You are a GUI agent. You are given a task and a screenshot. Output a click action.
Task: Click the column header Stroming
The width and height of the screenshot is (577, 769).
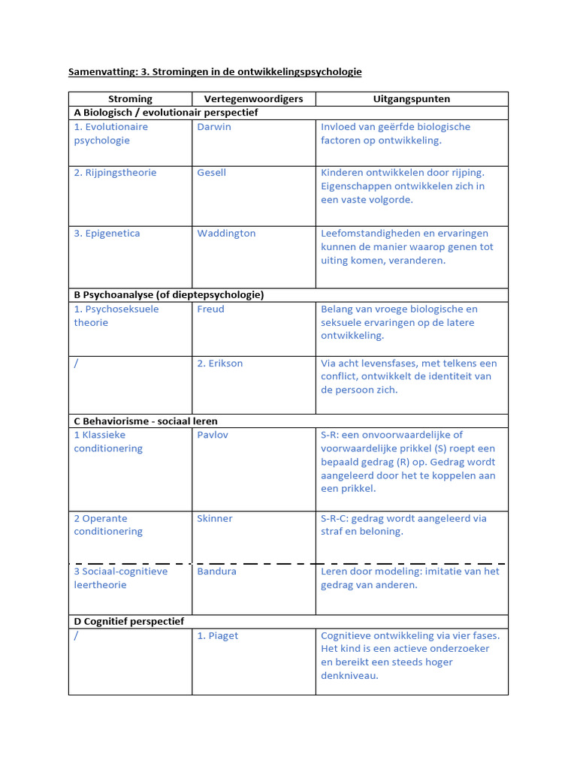click(x=130, y=99)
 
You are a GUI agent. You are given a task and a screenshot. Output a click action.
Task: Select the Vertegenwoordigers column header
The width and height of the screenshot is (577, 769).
click(x=253, y=99)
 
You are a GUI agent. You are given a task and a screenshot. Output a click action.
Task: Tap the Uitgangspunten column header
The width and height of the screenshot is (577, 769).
click(x=412, y=99)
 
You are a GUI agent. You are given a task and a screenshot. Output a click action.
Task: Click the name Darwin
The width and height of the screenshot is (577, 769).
click(x=214, y=127)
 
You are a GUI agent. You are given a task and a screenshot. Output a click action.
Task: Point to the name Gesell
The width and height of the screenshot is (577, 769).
click(x=211, y=173)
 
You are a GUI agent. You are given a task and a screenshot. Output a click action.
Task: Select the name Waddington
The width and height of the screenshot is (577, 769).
click(x=226, y=234)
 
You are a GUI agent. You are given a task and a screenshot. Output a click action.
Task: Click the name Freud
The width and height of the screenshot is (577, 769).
click(x=210, y=309)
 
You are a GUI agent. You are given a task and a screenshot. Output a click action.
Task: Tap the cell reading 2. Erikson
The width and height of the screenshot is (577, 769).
click(x=219, y=363)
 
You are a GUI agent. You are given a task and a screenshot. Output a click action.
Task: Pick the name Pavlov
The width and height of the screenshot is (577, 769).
click(x=213, y=435)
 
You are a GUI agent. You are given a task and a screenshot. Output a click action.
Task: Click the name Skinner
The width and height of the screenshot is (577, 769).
click(x=215, y=519)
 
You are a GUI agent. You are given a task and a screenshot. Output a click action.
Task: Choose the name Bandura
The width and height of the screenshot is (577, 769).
click(x=216, y=571)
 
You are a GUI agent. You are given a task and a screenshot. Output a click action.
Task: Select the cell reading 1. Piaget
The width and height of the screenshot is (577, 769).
click(x=217, y=636)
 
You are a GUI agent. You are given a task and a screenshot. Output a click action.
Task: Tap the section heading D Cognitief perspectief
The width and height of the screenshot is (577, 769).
click(x=128, y=622)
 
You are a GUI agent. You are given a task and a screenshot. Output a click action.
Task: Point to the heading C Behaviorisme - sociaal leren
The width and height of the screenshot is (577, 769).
click(x=146, y=421)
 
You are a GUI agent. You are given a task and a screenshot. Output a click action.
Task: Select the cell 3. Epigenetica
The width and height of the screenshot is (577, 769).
click(x=107, y=234)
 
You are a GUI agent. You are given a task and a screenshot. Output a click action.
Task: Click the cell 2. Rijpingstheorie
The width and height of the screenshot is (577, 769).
click(x=115, y=173)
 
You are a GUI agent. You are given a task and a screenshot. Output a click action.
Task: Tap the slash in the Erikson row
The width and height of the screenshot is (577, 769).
click(x=77, y=363)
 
